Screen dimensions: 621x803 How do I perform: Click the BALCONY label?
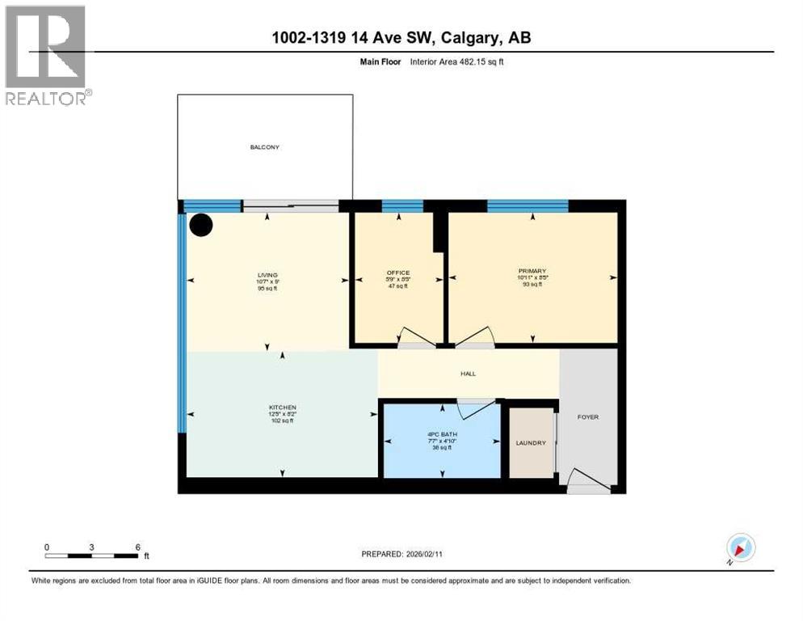tap(265, 147)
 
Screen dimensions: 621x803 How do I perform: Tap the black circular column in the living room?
tap(200, 225)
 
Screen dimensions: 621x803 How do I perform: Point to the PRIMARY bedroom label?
tap(532, 271)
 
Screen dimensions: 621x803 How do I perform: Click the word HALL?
tap(468, 374)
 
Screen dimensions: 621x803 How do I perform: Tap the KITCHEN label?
tap(283, 407)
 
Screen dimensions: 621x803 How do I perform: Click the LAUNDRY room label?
tap(531, 442)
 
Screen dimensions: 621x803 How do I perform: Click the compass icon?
tap(740, 547)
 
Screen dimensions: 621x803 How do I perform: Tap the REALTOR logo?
tap(46, 55)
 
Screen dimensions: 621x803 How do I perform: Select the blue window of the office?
tap(402, 206)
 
